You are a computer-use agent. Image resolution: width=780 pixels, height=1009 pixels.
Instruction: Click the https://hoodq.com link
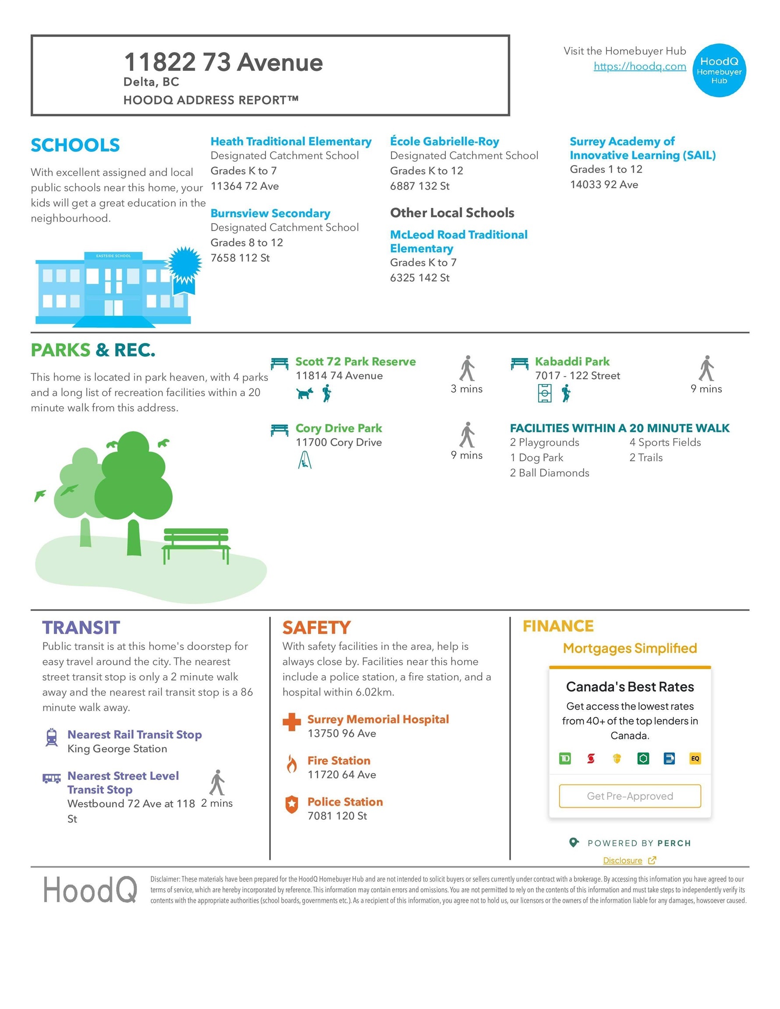point(639,66)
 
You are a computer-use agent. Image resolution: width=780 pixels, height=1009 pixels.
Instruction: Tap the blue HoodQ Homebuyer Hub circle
point(719,70)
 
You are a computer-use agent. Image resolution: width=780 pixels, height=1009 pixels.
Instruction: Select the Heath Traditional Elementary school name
point(291,141)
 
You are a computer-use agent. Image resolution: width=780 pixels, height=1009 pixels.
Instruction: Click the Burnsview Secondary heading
point(270,213)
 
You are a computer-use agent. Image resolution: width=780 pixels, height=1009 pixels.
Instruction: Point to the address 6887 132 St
point(419,186)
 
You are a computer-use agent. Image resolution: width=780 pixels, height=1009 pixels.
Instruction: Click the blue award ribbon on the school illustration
point(185,267)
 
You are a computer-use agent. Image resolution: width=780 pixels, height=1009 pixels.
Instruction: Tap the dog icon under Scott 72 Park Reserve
point(304,393)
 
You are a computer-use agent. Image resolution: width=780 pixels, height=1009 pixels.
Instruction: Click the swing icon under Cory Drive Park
point(305,460)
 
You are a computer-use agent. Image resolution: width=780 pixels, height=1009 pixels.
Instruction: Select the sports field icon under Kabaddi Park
point(545,394)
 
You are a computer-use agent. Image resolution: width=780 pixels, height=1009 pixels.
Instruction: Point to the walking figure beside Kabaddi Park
point(706,368)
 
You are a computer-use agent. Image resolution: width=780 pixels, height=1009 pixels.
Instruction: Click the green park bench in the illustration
point(196,544)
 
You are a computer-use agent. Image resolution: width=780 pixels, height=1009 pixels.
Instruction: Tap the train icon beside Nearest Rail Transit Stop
point(52,737)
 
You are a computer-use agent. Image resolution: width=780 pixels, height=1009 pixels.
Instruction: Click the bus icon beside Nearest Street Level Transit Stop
point(52,779)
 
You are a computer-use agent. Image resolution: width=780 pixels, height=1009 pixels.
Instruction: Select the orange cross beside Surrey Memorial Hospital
point(291,722)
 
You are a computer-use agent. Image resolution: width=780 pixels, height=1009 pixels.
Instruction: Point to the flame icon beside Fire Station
point(291,764)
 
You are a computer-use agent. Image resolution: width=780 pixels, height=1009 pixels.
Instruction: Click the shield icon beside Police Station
point(291,804)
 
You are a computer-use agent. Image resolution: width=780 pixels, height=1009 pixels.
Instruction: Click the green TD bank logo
point(564,758)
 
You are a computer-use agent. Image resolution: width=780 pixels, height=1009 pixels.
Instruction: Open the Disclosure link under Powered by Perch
point(622,860)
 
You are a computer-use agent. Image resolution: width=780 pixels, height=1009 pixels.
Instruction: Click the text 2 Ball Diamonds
point(549,473)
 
